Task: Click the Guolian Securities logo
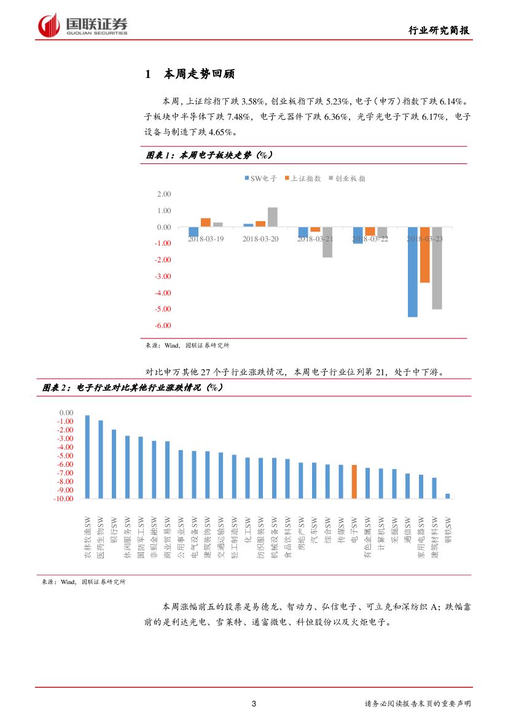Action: point(83,25)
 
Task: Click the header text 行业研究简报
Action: point(440,31)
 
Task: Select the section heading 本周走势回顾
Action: point(199,75)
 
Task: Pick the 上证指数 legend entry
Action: point(302,178)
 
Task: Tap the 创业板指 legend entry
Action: point(347,178)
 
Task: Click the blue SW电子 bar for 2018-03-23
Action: point(412,272)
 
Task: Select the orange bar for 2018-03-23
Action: point(424,255)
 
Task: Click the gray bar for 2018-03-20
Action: point(273,217)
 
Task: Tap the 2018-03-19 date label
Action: point(206,238)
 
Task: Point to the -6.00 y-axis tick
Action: point(163,326)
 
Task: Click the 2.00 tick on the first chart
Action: point(164,194)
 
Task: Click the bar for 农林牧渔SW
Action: point(87,456)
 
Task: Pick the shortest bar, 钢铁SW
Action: point(447,495)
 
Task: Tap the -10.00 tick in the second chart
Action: point(63,499)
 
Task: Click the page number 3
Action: point(254,703)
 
